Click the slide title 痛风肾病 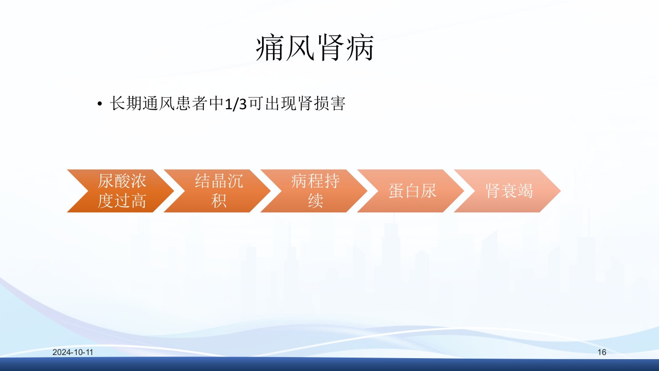[x=315, y=49]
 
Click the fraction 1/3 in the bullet [x=236, y=104]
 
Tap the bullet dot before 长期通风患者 [x=100, y=105]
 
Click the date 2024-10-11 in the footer [x=73, y=352]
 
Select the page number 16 [x=602, y=352]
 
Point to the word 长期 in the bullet [x=126, y=104]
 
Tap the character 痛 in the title [x=270, y=49]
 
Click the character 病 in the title [x=359, y=49]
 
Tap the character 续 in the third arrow [x=315, y=200]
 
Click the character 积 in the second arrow [x=218, y=200]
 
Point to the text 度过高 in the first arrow [x=122, y=200]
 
